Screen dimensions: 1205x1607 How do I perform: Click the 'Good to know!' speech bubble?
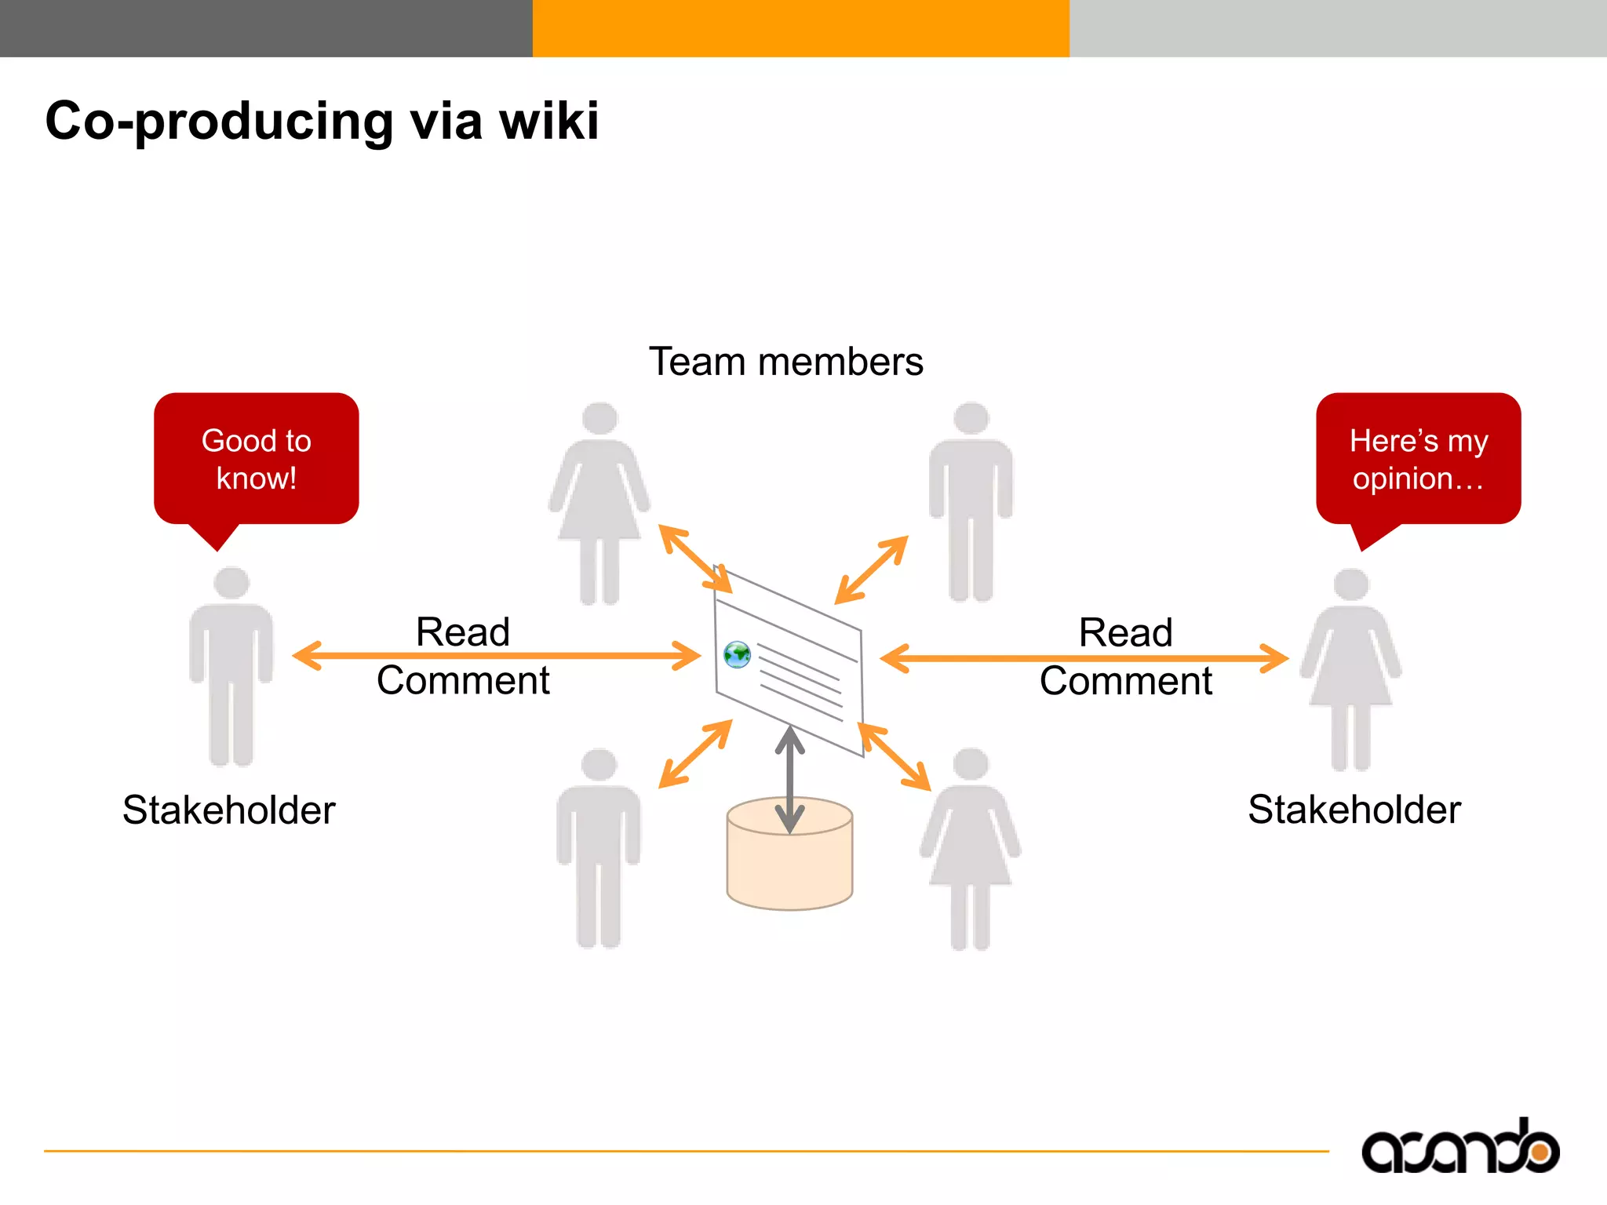pyautogui.click(x=256, y=459)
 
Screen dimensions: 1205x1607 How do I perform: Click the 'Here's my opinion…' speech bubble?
pyautogui.click(x=1418, y=459)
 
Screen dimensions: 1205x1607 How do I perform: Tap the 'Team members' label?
pyautogui.click(x=785, y=362)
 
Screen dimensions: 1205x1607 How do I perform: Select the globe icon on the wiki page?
pyautogui.click(x=737, y=654)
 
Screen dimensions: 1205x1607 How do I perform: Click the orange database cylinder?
pyautogui.click(x=789, y=863)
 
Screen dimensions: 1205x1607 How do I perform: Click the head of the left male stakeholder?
pyautogui.click(x=231, y=584)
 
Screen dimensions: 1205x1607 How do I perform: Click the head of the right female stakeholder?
pyautogui.click(x=1351, y=585)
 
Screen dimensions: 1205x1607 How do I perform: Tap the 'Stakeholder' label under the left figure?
pyautogui.click(x=228, y=810)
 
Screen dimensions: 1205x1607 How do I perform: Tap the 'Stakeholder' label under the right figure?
pyautogui.click(x=1354, y=809)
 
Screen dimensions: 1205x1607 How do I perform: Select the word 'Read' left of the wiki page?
pyautogui.click(x=462, y=632)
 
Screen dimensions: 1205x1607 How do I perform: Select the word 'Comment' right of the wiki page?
pyautogui.click(x=1125, y=681)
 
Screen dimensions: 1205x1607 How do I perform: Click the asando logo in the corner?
pyautogui.click(x=1459, y=1147)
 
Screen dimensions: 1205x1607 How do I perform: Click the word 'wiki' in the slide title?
pyautogui.click(x=549, y=121)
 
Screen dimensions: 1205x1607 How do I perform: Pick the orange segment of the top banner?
pyautogui.click(x=800, y=28)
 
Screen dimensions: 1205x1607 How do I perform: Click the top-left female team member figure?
pyautogui.click(x=599, y=502)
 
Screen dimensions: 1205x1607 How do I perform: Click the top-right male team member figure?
pyautogui.click(x=971, y=502)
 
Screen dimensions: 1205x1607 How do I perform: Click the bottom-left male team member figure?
pyautogui.click(x=599, y=847)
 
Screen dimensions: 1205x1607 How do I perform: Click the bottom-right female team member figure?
pyautogui.click(x=971, y=847)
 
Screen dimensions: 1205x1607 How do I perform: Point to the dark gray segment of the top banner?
pyautogui.click(x=266, y=28)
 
